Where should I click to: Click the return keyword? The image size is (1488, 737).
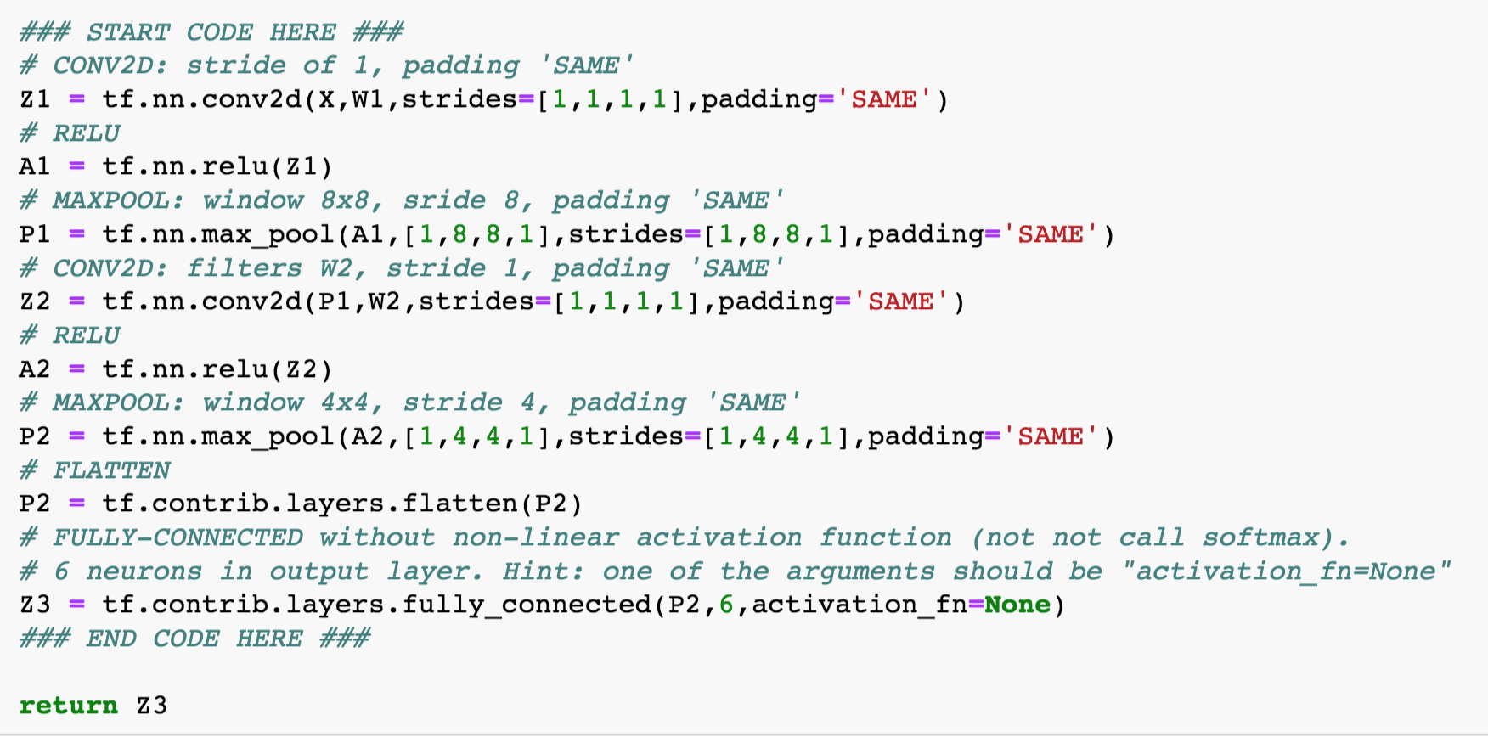pyautogui.click(x=68, y=706)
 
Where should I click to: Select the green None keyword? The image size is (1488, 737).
pyautogui.click(x=1017, y=605)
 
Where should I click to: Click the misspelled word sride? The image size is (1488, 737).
pyautogui.click(x=444, y=200)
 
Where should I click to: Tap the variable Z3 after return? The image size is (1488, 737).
pyautogui.click(x=152, y=706)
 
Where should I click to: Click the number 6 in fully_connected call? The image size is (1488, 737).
pyautogui.click(x=726, y=605)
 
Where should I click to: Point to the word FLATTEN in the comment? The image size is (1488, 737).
pyautogui.click(x=111, y=470)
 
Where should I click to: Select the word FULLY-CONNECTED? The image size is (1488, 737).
pyautogui.click(x=178, y=537)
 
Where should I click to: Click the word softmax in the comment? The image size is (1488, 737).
pyautogui.click(x=1260, y=537)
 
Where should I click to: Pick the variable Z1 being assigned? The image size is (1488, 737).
pyautogui.click(x=35, y=99)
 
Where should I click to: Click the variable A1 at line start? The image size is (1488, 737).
pyautogui.click(x=35, y=166)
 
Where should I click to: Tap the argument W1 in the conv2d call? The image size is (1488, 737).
pyautogui.click(x=368, y=99)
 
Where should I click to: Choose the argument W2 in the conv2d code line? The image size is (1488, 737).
pyautogui.click(x=384, y=301)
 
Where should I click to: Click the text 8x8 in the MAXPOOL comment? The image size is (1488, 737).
pyautogui.click(x=345, y=200)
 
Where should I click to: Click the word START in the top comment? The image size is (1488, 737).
pyautogui.click(x=128, y=32)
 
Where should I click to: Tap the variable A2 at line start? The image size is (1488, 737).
pyautogui.click(x=35, y=369)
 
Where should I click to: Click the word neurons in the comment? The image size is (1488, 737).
pyautogui.click(x=144, y=571)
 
